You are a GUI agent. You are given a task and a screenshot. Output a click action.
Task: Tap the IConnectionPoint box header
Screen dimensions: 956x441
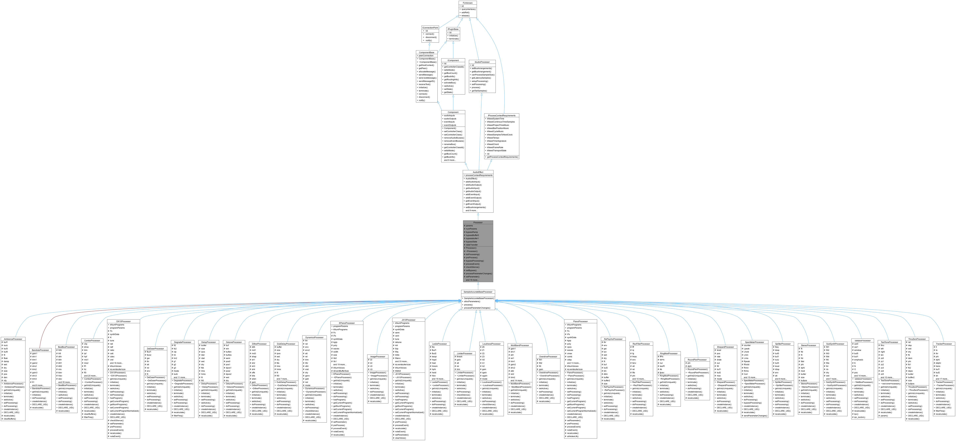pyautogui.click(x=430, y=27)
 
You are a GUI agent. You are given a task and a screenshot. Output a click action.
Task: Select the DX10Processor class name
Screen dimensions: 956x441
pyautogui.click(x=123, y=321)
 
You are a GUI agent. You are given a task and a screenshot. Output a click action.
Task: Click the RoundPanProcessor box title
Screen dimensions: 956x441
pyautogui.click(x=697, y=359)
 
